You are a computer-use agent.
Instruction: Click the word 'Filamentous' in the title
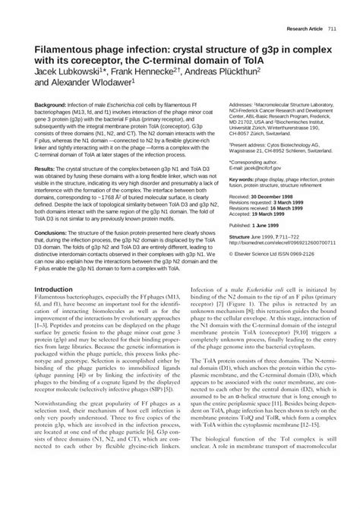click(70, 46)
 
